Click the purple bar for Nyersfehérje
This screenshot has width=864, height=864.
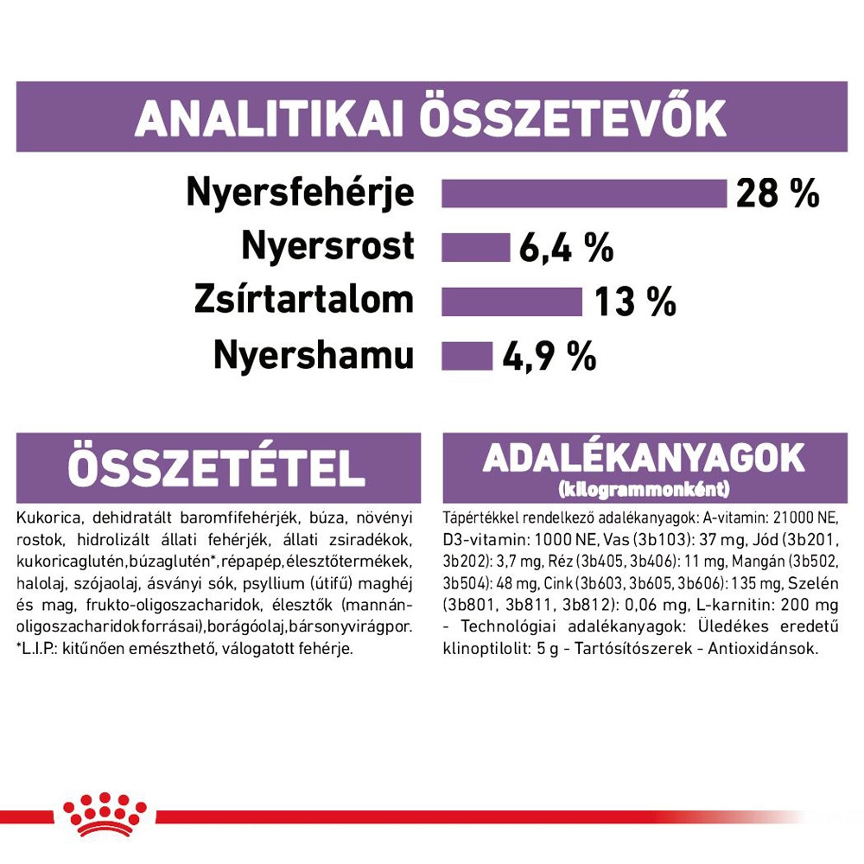click(x=584, y=194)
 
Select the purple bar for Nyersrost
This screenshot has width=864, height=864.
click(x=475, y=247)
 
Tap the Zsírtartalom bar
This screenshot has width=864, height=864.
click(x=511, y=302)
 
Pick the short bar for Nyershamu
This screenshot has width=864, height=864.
click(x=466, y=356)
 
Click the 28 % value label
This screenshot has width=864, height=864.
click(x=777, y=194)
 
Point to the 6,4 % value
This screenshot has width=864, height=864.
click(x=566, y=249)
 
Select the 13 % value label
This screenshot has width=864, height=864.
click(x=634, y=302)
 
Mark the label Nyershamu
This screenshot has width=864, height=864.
click(x=314, y=356)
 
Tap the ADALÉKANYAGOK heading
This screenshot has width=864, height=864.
click(x=644, y=458)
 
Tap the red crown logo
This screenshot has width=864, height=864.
click(x=105, y=815)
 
